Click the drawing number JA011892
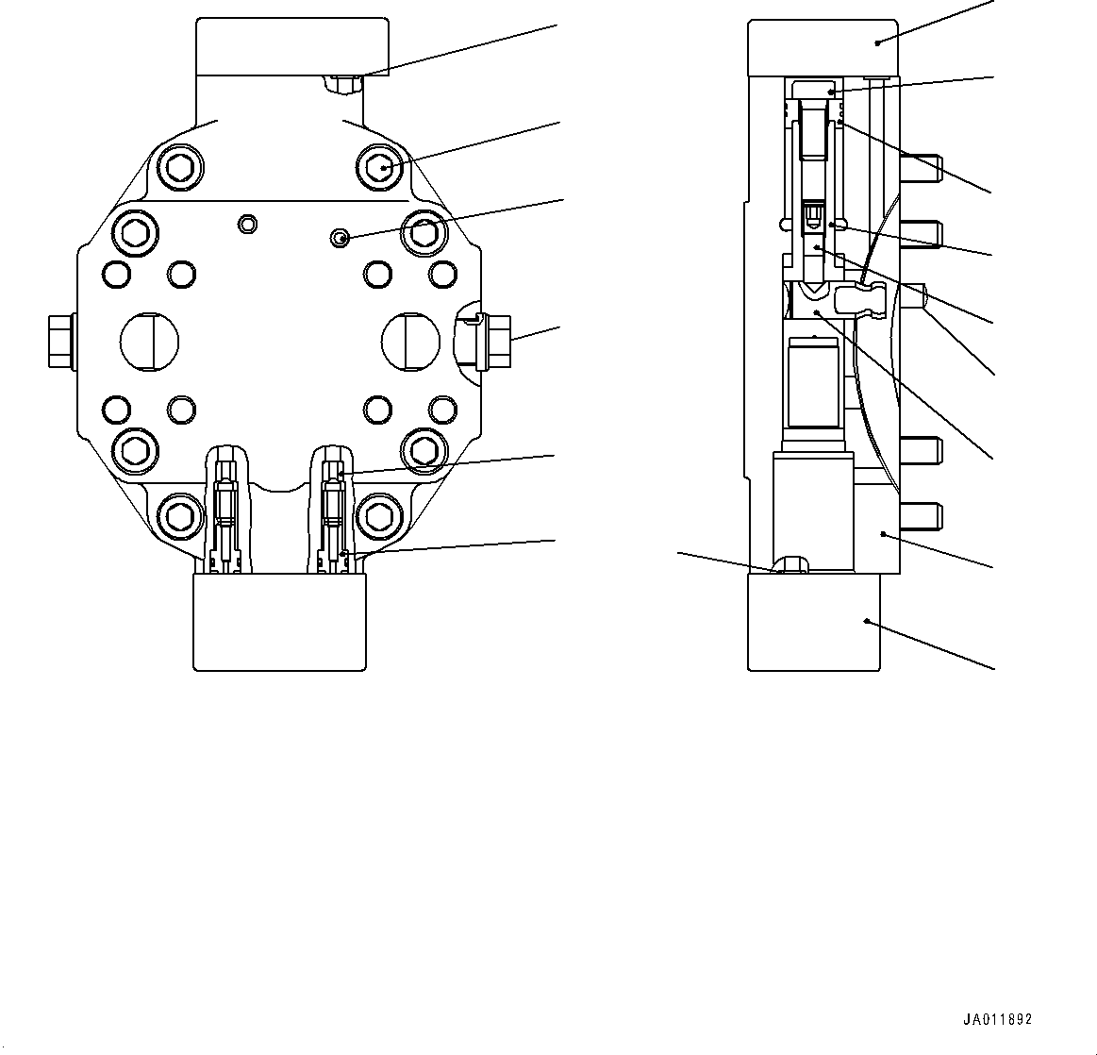[997, 1020]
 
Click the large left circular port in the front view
[149, 340]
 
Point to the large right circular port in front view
[409, 340]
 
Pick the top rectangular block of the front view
[291, 47]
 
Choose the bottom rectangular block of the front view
[279, 622]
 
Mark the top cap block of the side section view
[823, 47]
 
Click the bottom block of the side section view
[813, 622]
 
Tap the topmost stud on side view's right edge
[920, 168]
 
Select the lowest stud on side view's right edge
[920, 515]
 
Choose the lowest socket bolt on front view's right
[379, 515]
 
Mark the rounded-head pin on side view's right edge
[915, 296]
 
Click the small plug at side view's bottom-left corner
[790, 565]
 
